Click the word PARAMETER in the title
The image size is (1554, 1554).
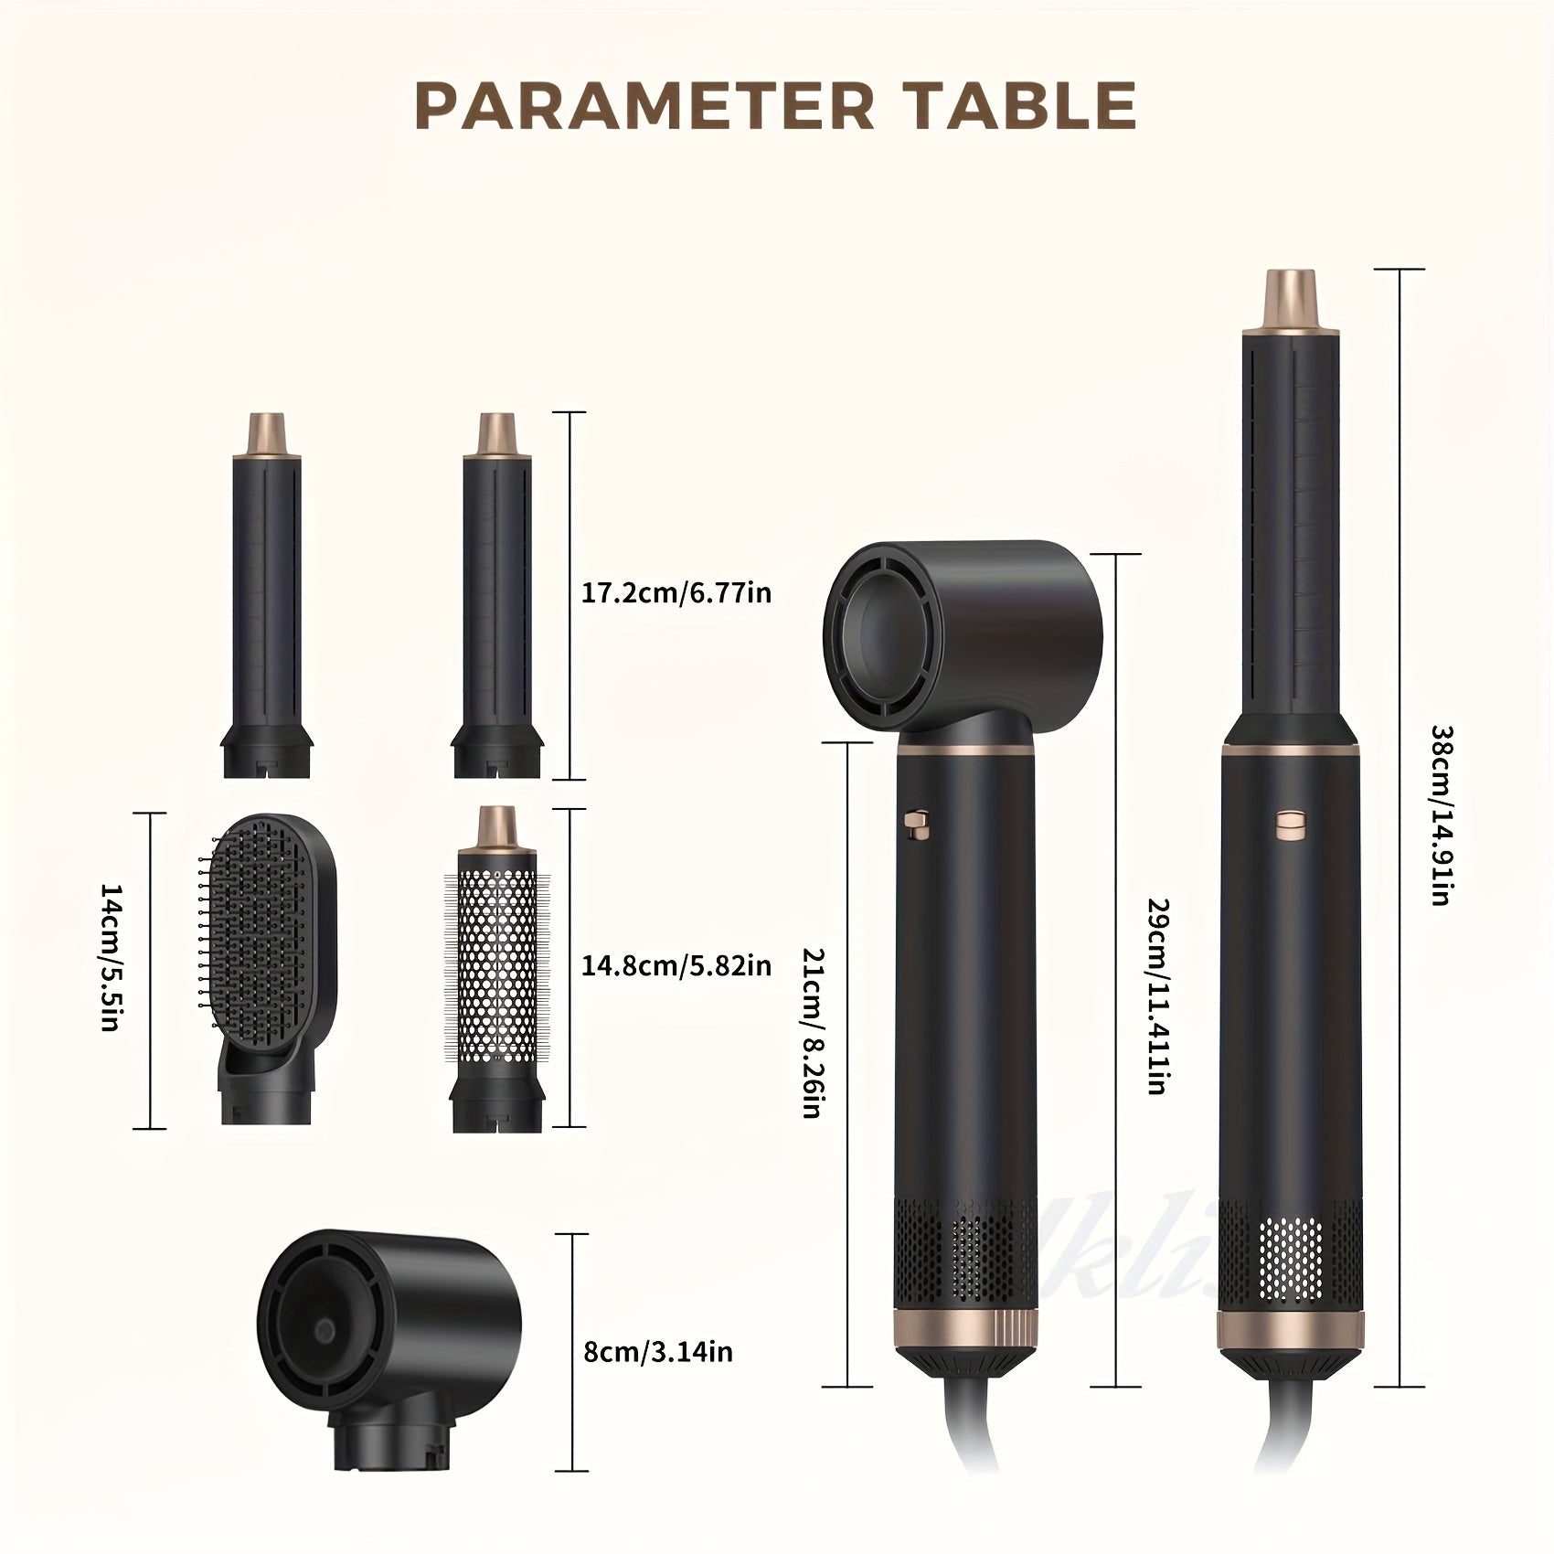[x=644, y=106]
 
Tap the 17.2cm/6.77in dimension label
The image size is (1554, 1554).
[x=676, y=593]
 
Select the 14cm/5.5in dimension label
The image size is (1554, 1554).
[x=111, y=969]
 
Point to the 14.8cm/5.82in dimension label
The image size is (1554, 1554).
[x=676, y=964]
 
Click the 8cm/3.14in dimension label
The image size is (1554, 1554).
[x=657, y=1352]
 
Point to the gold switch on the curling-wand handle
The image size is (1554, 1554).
[x=1291, y=824]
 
